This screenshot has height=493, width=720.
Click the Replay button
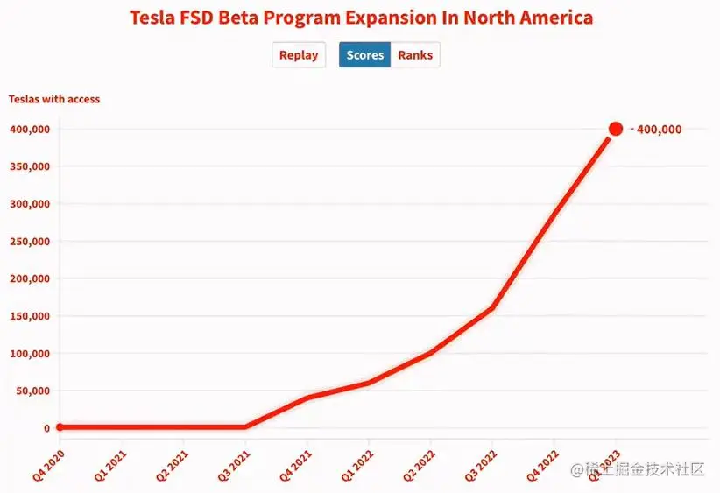coord(299,55)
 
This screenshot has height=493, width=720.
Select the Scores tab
coord(364,55)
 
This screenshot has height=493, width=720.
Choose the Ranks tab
coord(415,55)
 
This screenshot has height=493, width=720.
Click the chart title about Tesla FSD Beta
coord(361,18)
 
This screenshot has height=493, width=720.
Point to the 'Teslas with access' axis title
coord(54,99)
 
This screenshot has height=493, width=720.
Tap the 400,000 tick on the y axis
coord(29,130)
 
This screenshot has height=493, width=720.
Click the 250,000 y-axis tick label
coord(29,242)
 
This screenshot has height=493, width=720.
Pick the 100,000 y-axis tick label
coord(29,354)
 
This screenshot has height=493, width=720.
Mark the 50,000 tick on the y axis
coord(32,391)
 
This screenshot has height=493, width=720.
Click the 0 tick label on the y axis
coord(46,428)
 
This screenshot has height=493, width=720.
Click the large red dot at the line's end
coord(616,129)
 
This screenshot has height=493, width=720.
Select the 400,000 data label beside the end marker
coord(658,130)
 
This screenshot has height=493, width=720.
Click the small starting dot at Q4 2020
coord(60,427)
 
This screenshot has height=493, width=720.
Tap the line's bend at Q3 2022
coord(492,307)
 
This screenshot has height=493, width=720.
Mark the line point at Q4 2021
coord(307,398)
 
